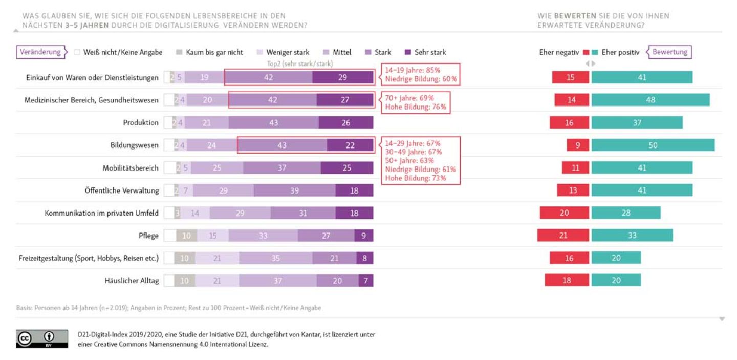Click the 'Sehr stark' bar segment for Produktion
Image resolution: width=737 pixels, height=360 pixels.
(x=345, y=123)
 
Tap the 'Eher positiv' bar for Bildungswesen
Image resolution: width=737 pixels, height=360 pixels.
(x=653, y=145)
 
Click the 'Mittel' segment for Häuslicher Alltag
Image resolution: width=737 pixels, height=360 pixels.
(x=277, y=281)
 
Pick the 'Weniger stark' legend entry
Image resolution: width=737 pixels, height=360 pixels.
(x=287, y=52)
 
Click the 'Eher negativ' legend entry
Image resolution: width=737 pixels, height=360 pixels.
(x=560, y=52)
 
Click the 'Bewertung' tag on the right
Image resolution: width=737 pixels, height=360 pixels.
(x=670, y=52)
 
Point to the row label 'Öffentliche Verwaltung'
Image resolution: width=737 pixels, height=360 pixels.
(x=122, y=190)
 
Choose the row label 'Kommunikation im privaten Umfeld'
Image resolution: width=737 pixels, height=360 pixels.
(x=101, y=213)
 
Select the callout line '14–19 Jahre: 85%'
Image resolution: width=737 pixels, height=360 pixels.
(x=413, y=70)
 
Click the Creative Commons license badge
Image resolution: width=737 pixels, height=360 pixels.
(x=42, y=339)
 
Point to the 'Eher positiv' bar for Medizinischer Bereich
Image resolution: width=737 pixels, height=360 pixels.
(x=651, y=100)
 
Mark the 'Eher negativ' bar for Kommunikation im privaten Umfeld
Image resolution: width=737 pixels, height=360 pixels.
(x=564, y=213)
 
